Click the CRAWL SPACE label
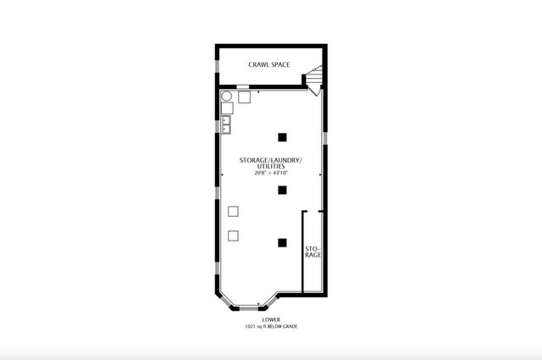(x=269, y=64)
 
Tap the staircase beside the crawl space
(x=314, y=75)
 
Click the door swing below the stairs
(x=314, y=91)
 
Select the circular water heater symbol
(x=226, y=96)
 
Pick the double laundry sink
(x=226, y=125)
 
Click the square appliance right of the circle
(x=244, y=97)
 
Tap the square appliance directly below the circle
(x=227, y=108)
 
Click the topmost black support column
(x=282, y=137)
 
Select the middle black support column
(x=282, y=190)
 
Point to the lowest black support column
(x=282, y=243)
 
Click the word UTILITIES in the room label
(x=271, y=166)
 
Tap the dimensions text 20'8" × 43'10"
(x=271, y=173)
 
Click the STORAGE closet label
(x=312, y=252)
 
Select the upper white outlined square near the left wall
(x=233, y=211)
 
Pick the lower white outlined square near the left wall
(x=233, y=235)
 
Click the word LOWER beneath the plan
(x=271, y=320)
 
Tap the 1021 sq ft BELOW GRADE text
(x=271, y=326)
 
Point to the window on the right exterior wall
(x=325, y=138)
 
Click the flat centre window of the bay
(x=249, y=308)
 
